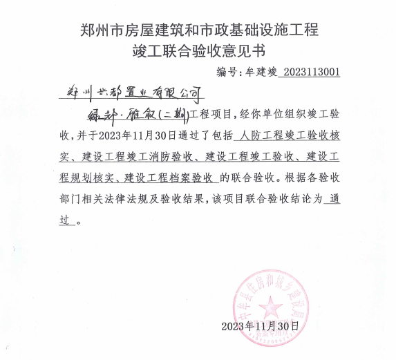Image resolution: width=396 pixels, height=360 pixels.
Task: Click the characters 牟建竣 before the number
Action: (x=261, y=71)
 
